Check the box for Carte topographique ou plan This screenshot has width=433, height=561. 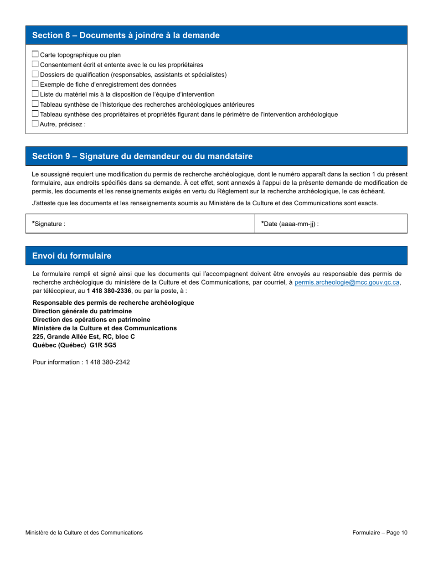coord(36,54)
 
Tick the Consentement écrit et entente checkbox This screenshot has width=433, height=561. coord(36,64)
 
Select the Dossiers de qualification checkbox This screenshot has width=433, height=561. coord(36,74)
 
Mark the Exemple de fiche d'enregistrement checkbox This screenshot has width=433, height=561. coord(36,84)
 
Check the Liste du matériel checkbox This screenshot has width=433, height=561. coord(36,94)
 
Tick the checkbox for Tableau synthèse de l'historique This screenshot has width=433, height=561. coord(36,104)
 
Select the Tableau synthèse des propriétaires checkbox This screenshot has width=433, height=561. coord(36,114)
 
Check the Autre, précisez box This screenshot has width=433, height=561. coord(36,124)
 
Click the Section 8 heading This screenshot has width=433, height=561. coord(126,36)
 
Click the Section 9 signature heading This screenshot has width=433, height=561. coord(142,156)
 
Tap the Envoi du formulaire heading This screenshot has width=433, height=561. coord(72,256)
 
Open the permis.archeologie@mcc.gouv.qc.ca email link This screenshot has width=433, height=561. coord(347,283)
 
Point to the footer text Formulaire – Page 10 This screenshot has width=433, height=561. coord(380,532)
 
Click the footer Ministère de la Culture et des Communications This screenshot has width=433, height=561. coord(84,532)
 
